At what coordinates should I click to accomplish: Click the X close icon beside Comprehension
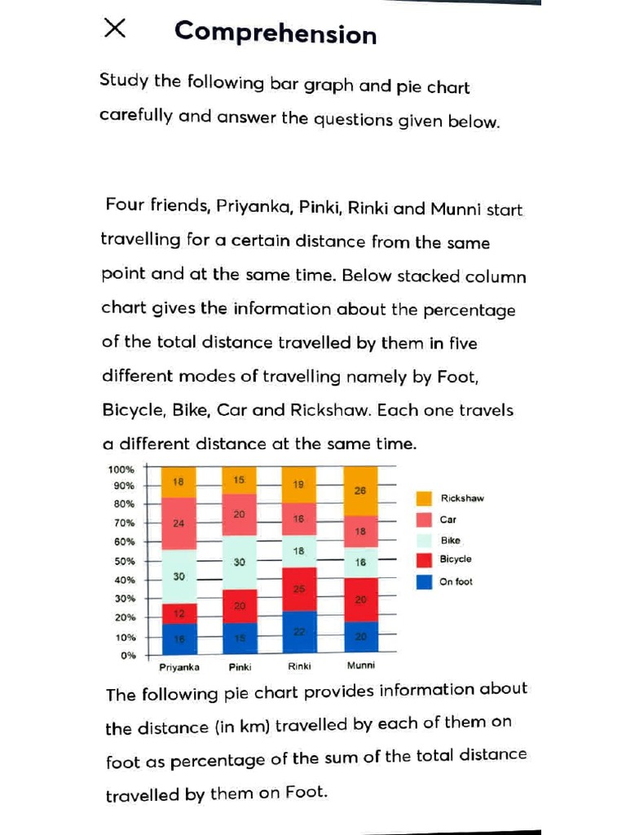[115, 29]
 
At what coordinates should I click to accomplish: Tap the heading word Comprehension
[276, 33]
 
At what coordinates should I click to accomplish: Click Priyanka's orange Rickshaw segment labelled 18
[179, 482]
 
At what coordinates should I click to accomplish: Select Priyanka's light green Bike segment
[179, 577]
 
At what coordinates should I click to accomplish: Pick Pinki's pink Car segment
[239, 515]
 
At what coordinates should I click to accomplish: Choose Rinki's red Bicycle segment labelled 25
[298, 589]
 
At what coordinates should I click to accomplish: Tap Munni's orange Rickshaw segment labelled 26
[361, 491]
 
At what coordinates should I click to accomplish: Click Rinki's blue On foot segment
[298, 632]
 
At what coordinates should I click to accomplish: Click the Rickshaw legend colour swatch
[424, 498]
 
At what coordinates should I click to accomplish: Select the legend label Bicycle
[456, 559]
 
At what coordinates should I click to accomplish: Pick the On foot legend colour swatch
[424, 581]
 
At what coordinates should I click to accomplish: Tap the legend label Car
[448, 519]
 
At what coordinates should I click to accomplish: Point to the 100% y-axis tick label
[121, 469]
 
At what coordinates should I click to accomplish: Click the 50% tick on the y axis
[123, 562]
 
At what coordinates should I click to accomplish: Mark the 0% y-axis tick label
[127, 655]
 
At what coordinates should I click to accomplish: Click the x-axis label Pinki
[239, 666]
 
